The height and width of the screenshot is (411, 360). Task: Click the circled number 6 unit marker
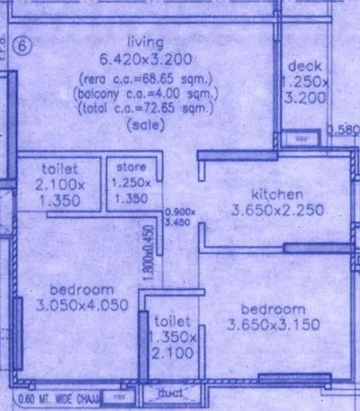click(24, 46)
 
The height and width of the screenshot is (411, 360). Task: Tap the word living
click(145, 41)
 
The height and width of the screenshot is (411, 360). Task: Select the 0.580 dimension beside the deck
click(344, 131)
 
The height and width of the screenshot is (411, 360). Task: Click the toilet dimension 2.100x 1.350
click(60, 190)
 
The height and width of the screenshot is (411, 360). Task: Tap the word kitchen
click(277, 195)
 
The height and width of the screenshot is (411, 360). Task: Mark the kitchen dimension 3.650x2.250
click(277, 211)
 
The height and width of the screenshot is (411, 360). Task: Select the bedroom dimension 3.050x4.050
click(82, 304)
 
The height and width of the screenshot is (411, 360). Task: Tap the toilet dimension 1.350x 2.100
click(173, 346)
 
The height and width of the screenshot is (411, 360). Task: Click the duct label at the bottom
click(170, 395)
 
